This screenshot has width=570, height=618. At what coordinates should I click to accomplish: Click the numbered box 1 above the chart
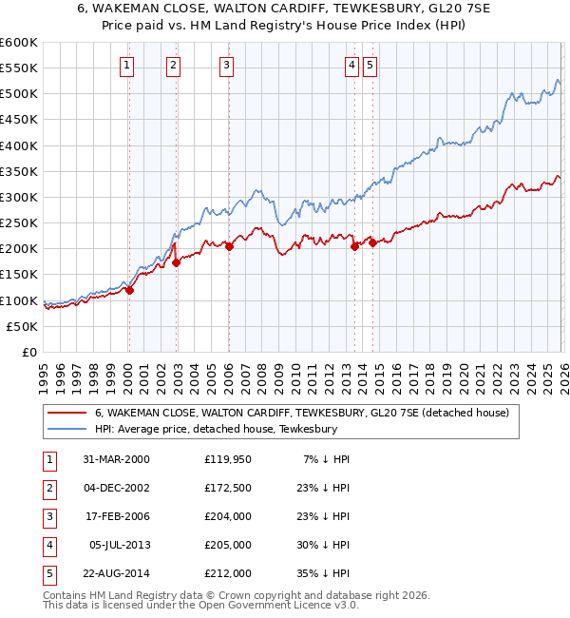(x=127, y=66)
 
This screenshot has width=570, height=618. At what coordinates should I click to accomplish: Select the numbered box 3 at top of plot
(x=227, y=66)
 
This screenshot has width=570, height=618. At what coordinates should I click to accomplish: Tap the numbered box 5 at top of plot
(x=370, y=66)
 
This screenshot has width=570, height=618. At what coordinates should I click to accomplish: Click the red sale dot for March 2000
(x=130, y=291)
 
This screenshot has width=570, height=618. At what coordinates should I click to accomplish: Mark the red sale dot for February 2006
(x=229, y=246)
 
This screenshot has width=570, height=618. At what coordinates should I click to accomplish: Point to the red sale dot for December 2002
(x=176, y=263)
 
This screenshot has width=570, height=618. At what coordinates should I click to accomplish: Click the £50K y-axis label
(x=23, y=326)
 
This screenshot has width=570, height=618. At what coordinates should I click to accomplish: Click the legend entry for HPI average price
(x=216, y=430)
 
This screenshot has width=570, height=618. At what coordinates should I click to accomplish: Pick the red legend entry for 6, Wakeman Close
(x=302, y=413)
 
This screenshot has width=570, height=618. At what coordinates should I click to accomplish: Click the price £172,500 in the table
(x=227, y=487)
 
